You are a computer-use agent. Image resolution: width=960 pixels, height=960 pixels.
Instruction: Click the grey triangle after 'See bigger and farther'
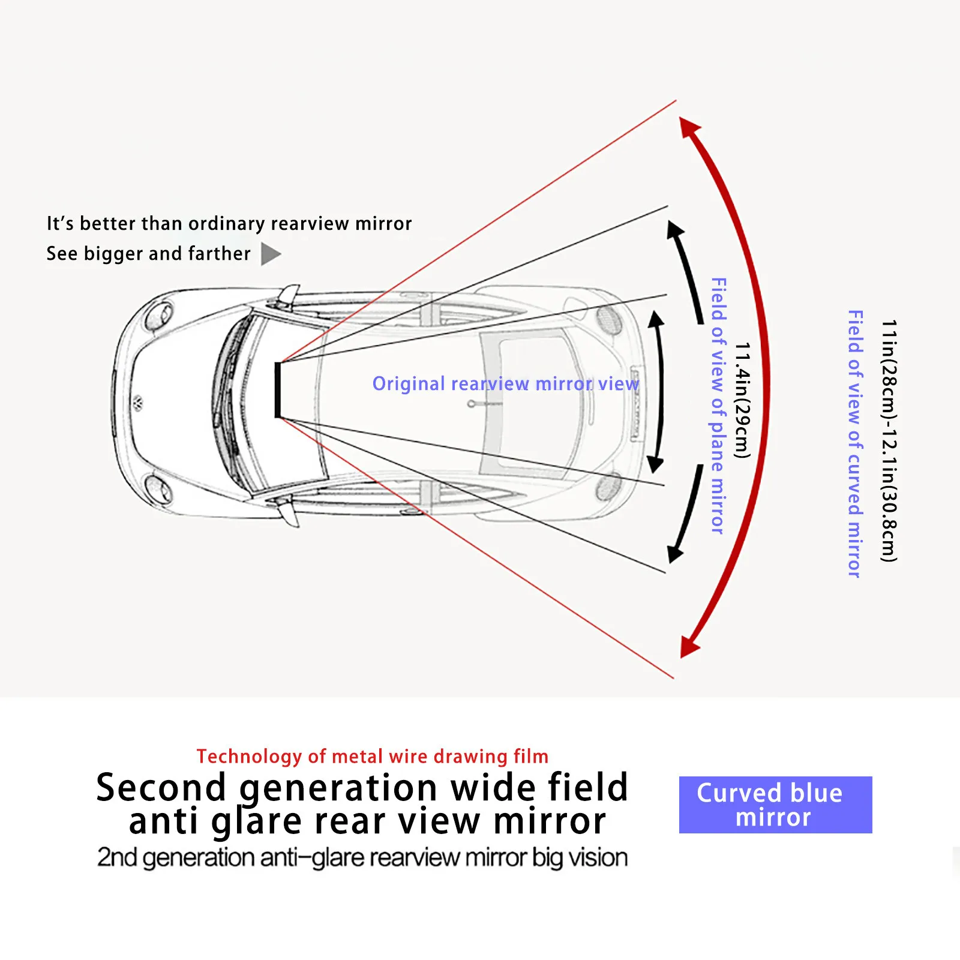click(x=270, y=254)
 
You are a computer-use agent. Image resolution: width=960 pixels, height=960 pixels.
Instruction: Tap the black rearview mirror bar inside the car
click(x=278, y=389)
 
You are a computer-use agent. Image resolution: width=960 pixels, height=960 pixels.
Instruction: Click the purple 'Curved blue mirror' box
click(x=775, y=805)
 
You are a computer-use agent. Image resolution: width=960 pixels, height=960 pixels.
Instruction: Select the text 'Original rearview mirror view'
click(x=505, y=384)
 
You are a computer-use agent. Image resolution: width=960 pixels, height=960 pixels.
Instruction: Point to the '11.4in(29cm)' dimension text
click(x=743, y=400)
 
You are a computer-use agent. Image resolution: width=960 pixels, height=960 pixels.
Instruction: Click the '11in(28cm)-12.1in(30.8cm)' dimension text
click(x=889, y=441)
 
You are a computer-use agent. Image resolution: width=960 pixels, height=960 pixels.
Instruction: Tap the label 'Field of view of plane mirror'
click(x=718, y=406)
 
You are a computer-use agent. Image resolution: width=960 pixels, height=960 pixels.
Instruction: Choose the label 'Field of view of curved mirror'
click(x=855, y=444)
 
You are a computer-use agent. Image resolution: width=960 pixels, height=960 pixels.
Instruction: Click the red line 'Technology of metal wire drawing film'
click(x=372, y=757)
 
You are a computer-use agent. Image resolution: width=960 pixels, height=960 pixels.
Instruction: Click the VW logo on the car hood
click(x=138, y=401)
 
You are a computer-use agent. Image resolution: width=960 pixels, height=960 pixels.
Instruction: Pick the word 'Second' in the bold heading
click(x=161, y=788)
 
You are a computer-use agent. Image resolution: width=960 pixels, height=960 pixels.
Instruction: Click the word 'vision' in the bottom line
click(x=598, y=858)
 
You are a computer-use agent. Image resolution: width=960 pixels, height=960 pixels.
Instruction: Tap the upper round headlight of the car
click(x=159, y=314)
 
